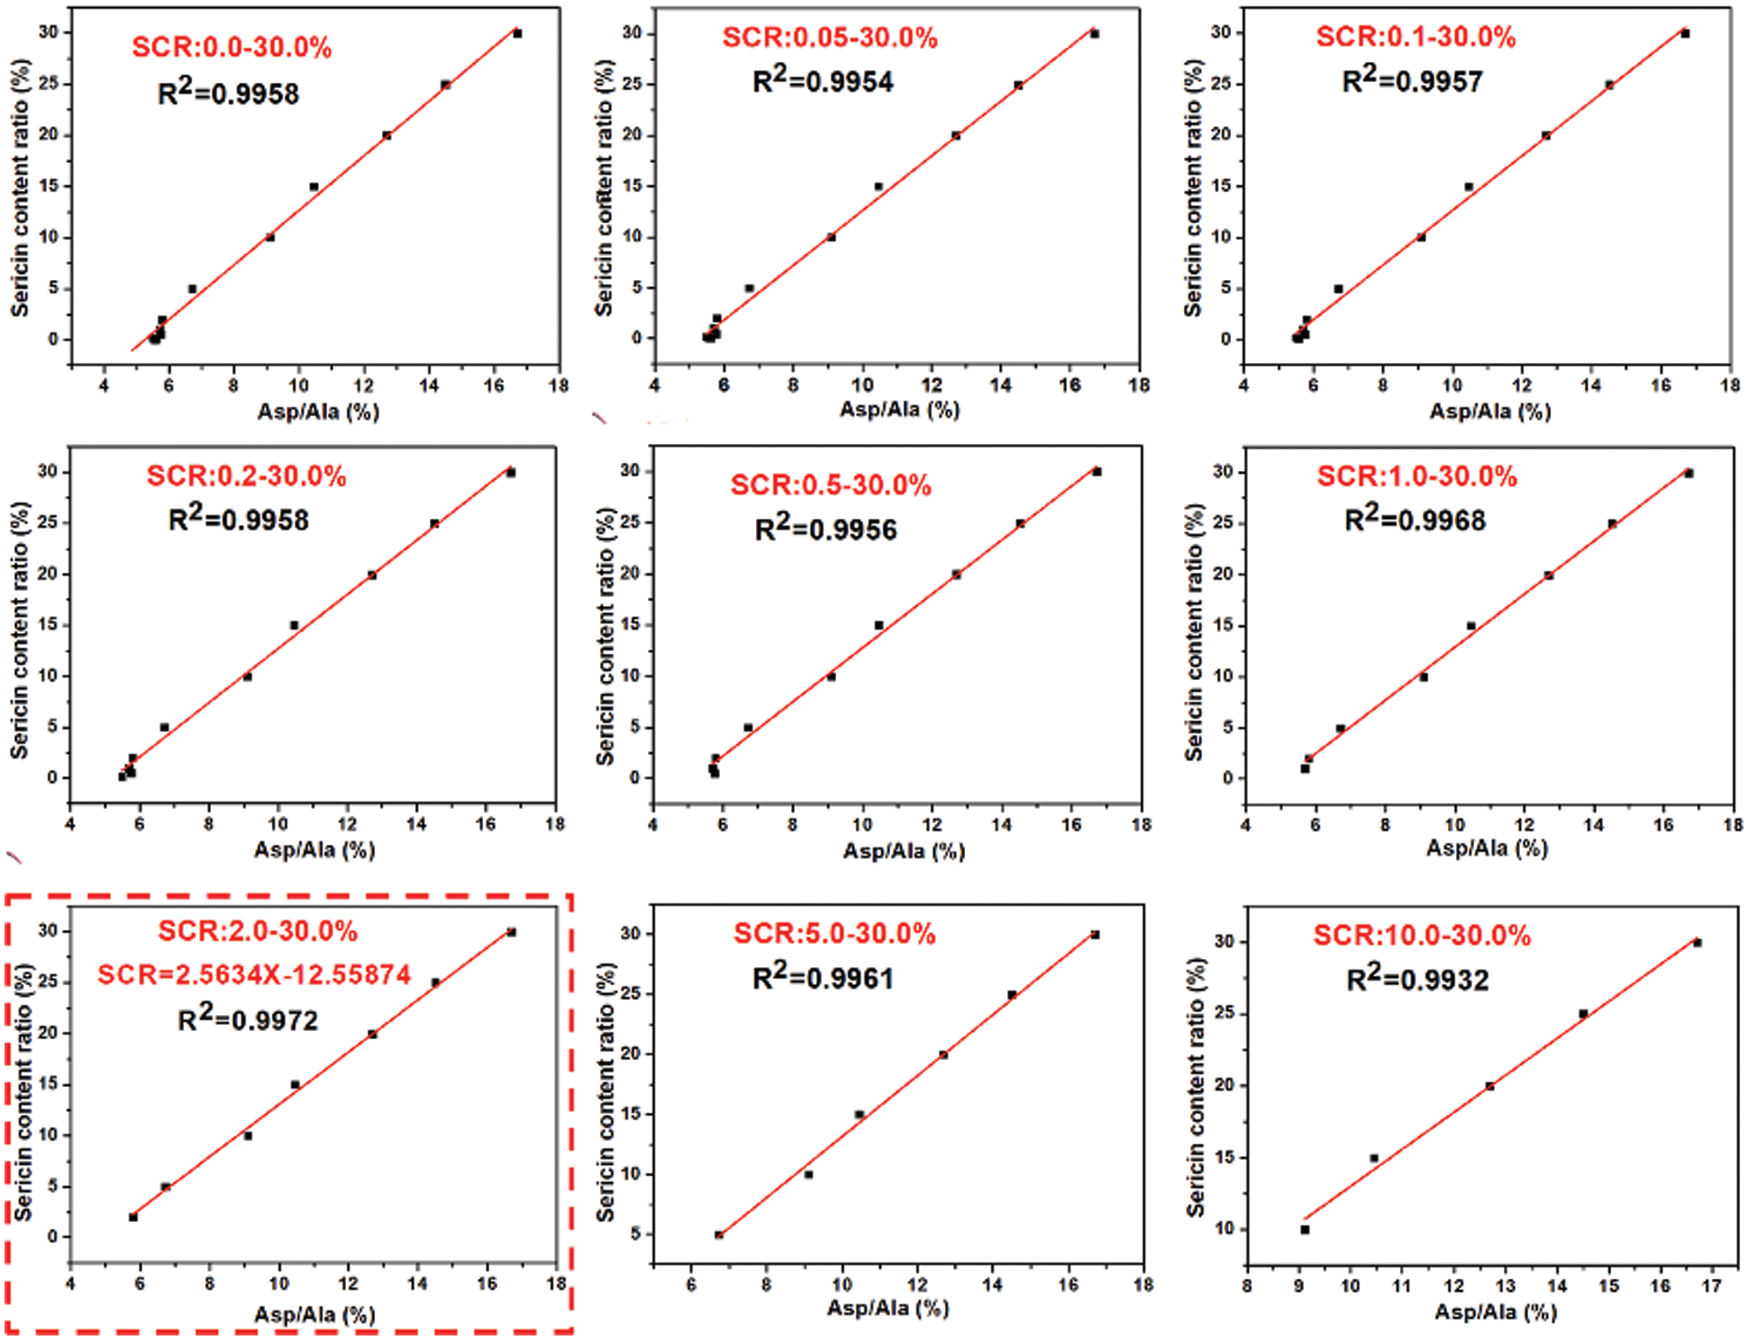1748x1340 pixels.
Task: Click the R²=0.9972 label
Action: coord(248,1019)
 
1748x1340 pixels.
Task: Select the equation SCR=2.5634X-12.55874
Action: coord(254,974)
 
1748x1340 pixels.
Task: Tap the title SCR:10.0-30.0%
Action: coord(1422,936)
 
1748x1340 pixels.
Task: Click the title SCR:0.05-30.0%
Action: coord(830,38)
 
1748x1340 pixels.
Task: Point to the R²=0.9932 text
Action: coord(1417,979)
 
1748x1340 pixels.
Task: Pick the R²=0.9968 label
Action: coord(1415,520)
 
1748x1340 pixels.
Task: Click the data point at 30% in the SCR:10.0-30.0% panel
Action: coord(1698,943)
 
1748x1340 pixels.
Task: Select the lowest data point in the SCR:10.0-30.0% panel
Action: coord(1305,1229)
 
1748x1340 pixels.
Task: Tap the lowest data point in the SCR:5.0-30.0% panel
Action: coord(719,1235)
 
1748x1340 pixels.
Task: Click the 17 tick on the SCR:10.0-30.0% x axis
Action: coord(1711,1286)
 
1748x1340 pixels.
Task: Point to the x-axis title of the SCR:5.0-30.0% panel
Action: coord(888,1308)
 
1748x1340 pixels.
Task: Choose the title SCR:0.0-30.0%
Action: coord(232,47)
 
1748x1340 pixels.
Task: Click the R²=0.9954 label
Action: coord(823,81)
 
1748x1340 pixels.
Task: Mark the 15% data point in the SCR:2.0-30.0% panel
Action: coord(295,1084)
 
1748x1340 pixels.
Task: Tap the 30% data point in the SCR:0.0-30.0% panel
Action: coord(517,33)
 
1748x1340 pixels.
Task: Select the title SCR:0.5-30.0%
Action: coord(830,485)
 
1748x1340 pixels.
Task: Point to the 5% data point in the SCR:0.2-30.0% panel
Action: coord(165,727)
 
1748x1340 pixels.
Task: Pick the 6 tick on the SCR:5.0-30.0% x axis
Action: coord(691,1284)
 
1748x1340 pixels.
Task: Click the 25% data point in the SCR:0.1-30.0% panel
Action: coord(1609,85)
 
